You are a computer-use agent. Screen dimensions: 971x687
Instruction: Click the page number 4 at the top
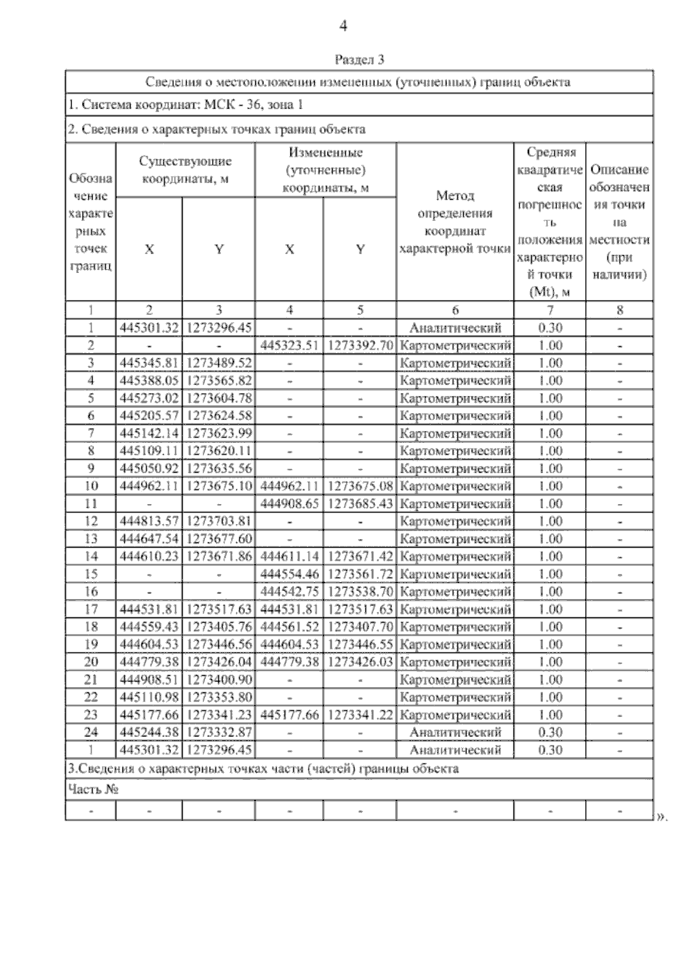coord(343,26)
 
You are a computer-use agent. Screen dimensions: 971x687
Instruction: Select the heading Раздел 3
coord(359,60)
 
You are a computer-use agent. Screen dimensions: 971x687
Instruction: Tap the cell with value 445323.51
coord(289,346)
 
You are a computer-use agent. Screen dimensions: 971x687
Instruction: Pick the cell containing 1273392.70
coord(360,346)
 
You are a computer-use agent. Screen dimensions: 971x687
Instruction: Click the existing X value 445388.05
coord(149,381)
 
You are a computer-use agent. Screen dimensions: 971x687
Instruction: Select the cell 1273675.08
coord(360,486)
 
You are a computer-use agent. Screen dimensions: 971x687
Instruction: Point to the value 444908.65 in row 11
coord(289,504)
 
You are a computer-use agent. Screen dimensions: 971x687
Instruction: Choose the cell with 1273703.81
coord(219,521)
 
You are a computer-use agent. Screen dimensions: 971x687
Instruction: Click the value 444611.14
coord(289,557)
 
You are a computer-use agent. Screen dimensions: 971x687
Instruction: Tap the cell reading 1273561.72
coord(360,574)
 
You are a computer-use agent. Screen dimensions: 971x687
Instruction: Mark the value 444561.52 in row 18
coord(289,627)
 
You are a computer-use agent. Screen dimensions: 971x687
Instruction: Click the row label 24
coord(91,732)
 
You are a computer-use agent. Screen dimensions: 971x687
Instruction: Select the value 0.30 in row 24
coord(550,732)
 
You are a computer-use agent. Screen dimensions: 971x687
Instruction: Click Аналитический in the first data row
coord(455,328)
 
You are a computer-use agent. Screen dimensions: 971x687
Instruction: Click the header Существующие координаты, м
coord(185,170)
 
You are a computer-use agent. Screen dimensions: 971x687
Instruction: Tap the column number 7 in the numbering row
coord(550,310)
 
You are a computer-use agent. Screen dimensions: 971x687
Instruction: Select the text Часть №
coord(93,790)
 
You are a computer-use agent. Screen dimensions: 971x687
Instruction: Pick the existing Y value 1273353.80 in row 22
coord(219,697)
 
